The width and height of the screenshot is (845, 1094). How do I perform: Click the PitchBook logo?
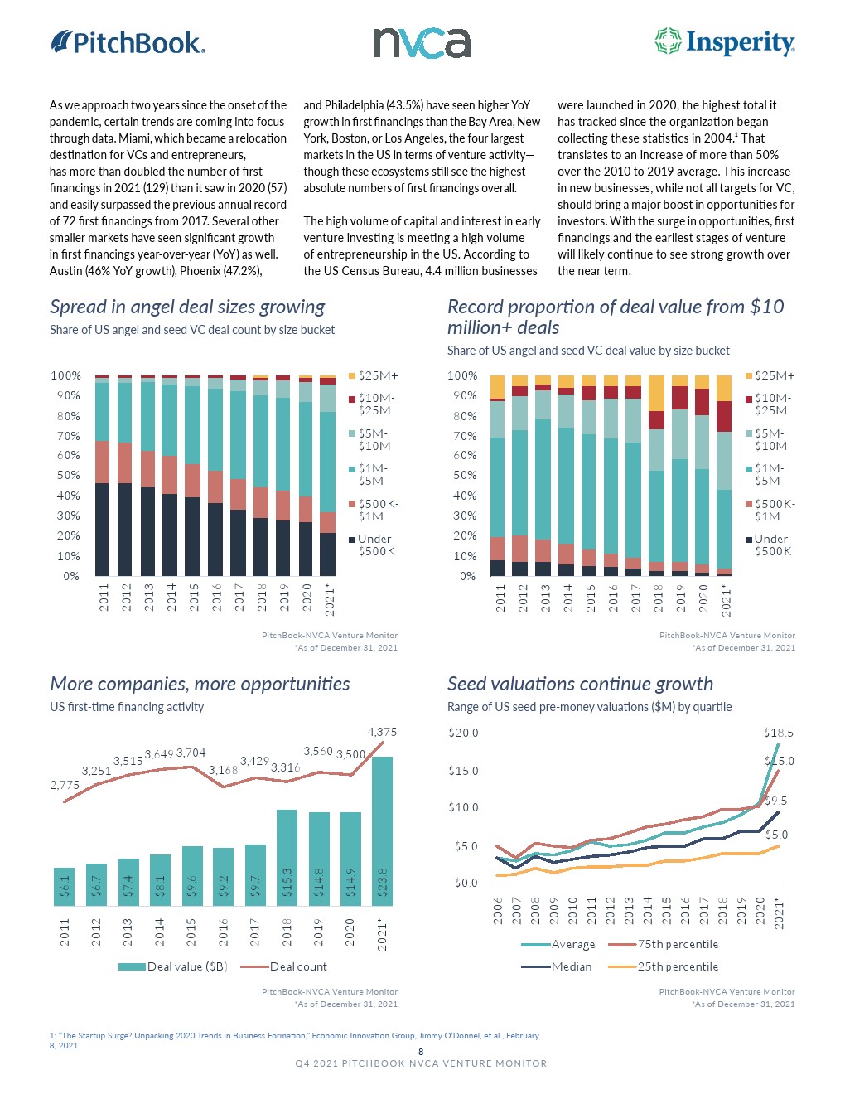pyautogui.click(x=128, y=42)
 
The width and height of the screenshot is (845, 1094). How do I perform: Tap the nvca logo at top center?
pyautogui.click(x=422, y=42)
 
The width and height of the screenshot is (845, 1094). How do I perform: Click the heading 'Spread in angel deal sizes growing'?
pyautogui.click(x=187, y=307)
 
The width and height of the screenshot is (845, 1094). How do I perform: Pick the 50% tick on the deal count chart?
pyautogui.click(x=69, y=476)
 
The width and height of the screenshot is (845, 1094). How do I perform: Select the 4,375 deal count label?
pyautogui.click(x=382, y=732)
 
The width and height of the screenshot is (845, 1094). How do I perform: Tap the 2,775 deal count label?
pyautogui.click(x=65, y=785)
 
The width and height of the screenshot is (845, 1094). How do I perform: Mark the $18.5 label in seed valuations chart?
pyautogui.click(x=778, y=733)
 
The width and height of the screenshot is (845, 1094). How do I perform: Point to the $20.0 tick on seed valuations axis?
pyautogui.click(x=463, y=733)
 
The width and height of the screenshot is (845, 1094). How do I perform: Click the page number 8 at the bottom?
pyautogui.click(x=421, y=1052)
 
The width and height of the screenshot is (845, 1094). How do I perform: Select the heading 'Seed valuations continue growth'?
pyautogui.click(x=580, y=684)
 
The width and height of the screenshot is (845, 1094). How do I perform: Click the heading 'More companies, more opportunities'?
pyautogui.click(x=200, y=684)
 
